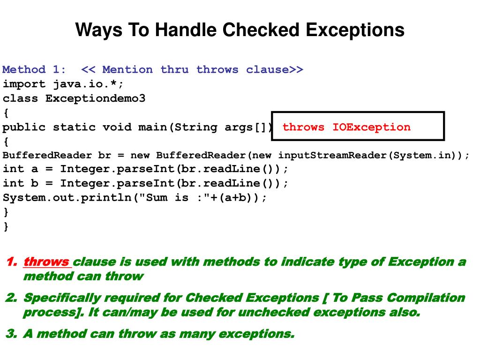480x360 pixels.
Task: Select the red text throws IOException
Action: click(x=346, y=127)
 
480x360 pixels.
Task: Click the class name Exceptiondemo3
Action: click(x=96, y=98)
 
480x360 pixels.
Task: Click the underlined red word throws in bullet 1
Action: click(x=46, y=262)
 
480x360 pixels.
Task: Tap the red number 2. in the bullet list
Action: click(x=11, y=298)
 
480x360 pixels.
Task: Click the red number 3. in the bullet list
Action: click(x=11, y=334)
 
